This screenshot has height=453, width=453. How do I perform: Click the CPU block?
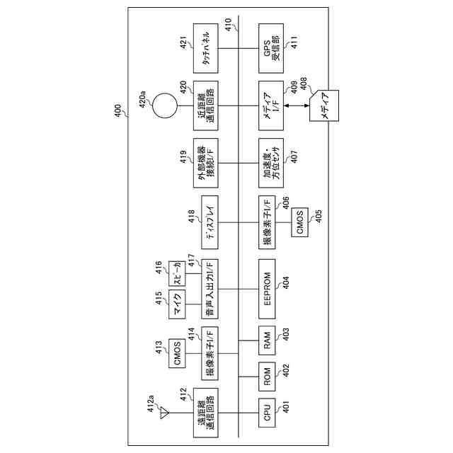[x=268, y=415]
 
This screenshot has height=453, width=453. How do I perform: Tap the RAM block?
[x=268, y=345]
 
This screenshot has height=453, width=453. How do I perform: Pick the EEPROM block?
[x=268, y=289]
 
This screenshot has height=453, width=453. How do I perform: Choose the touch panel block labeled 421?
[x=210, y=48]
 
